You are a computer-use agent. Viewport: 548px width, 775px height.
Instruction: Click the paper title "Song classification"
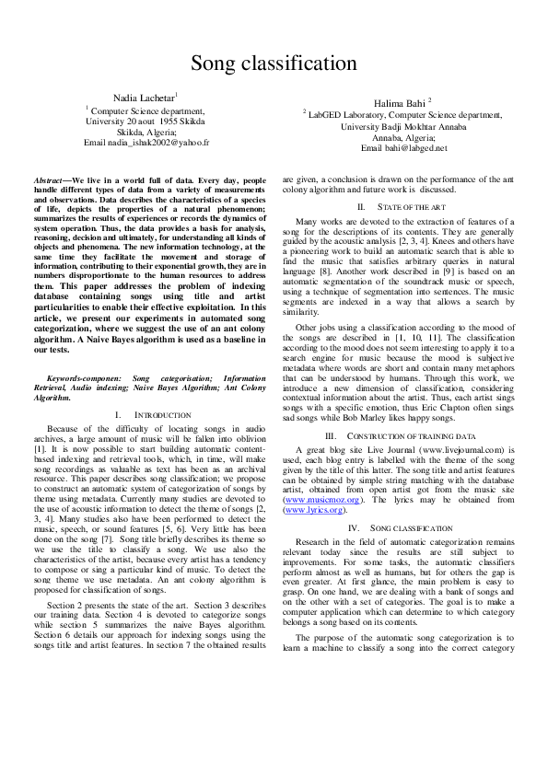pos(274,63)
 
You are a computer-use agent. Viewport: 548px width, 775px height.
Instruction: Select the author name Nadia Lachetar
pos(146,97)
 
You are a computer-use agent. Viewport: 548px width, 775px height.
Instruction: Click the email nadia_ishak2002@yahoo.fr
pos(146,144)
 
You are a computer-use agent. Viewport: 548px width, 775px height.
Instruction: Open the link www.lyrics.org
pos(314,509)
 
